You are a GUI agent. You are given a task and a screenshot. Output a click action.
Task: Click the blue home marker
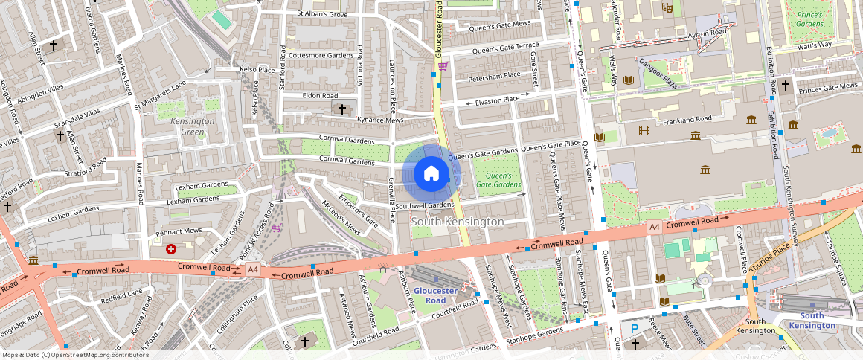[431, 174]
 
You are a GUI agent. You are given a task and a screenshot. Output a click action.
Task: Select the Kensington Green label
[193, 126]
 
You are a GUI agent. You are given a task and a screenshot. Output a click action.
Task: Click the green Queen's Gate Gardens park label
[498, 180]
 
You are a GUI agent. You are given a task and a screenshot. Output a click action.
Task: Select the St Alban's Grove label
[322, 13]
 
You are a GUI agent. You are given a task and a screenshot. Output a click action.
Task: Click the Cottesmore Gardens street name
[321, 55]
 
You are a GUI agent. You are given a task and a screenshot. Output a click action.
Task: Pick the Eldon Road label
[320, 96]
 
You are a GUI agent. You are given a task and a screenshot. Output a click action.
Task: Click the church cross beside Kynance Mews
[342, 109]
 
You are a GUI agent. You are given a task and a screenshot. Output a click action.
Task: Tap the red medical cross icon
[172, 249]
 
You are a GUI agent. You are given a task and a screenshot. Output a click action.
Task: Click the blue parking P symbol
[635, 328]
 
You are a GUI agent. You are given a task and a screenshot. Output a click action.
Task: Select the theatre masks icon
[667, 8]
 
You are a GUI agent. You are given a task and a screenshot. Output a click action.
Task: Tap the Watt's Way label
[814, 46]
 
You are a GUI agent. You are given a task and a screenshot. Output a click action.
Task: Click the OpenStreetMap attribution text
[75, 355]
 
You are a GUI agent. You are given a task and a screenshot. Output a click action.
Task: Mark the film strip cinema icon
[644, 131]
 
